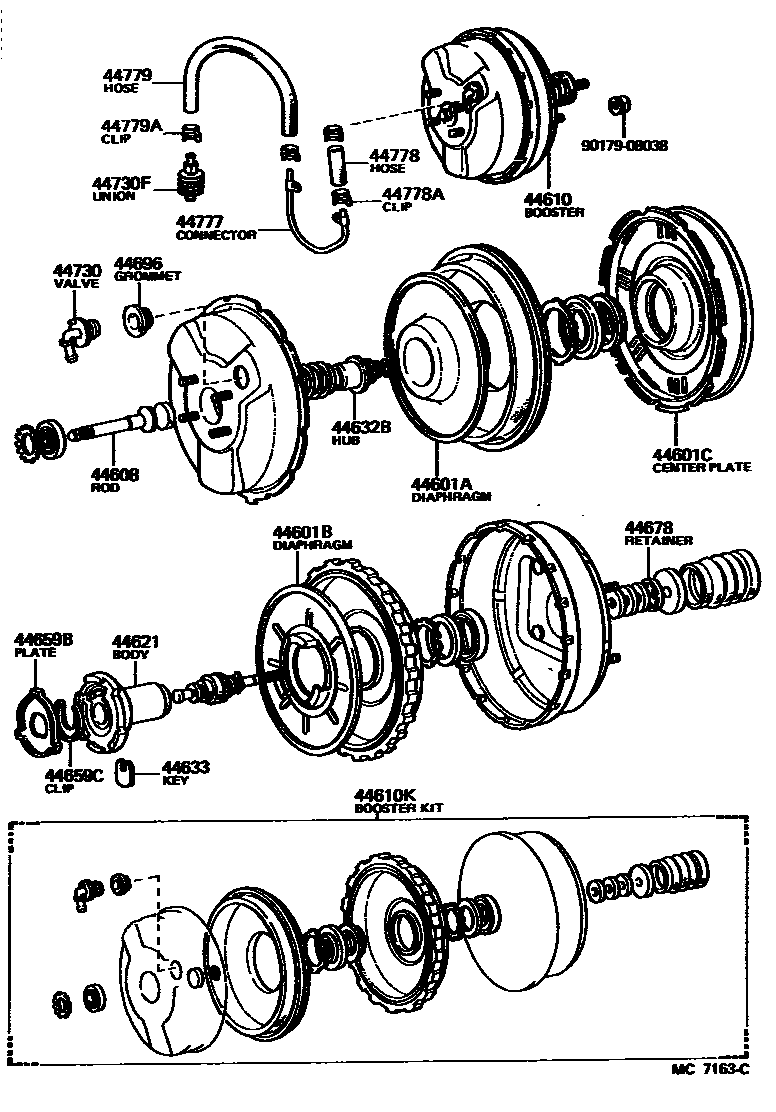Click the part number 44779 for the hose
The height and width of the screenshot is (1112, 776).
pyautogui.click(x=127, y=75)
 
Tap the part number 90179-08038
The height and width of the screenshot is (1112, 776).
pyautogui.click(x=624, y=145)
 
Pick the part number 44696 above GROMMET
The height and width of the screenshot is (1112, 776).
pyautogui.click(x=139, y=263)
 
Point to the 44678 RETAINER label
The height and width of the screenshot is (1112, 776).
pyautogui.click(x=658, y=533)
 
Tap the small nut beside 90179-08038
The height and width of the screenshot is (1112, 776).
pyautogui.click(x=620, y=103)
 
